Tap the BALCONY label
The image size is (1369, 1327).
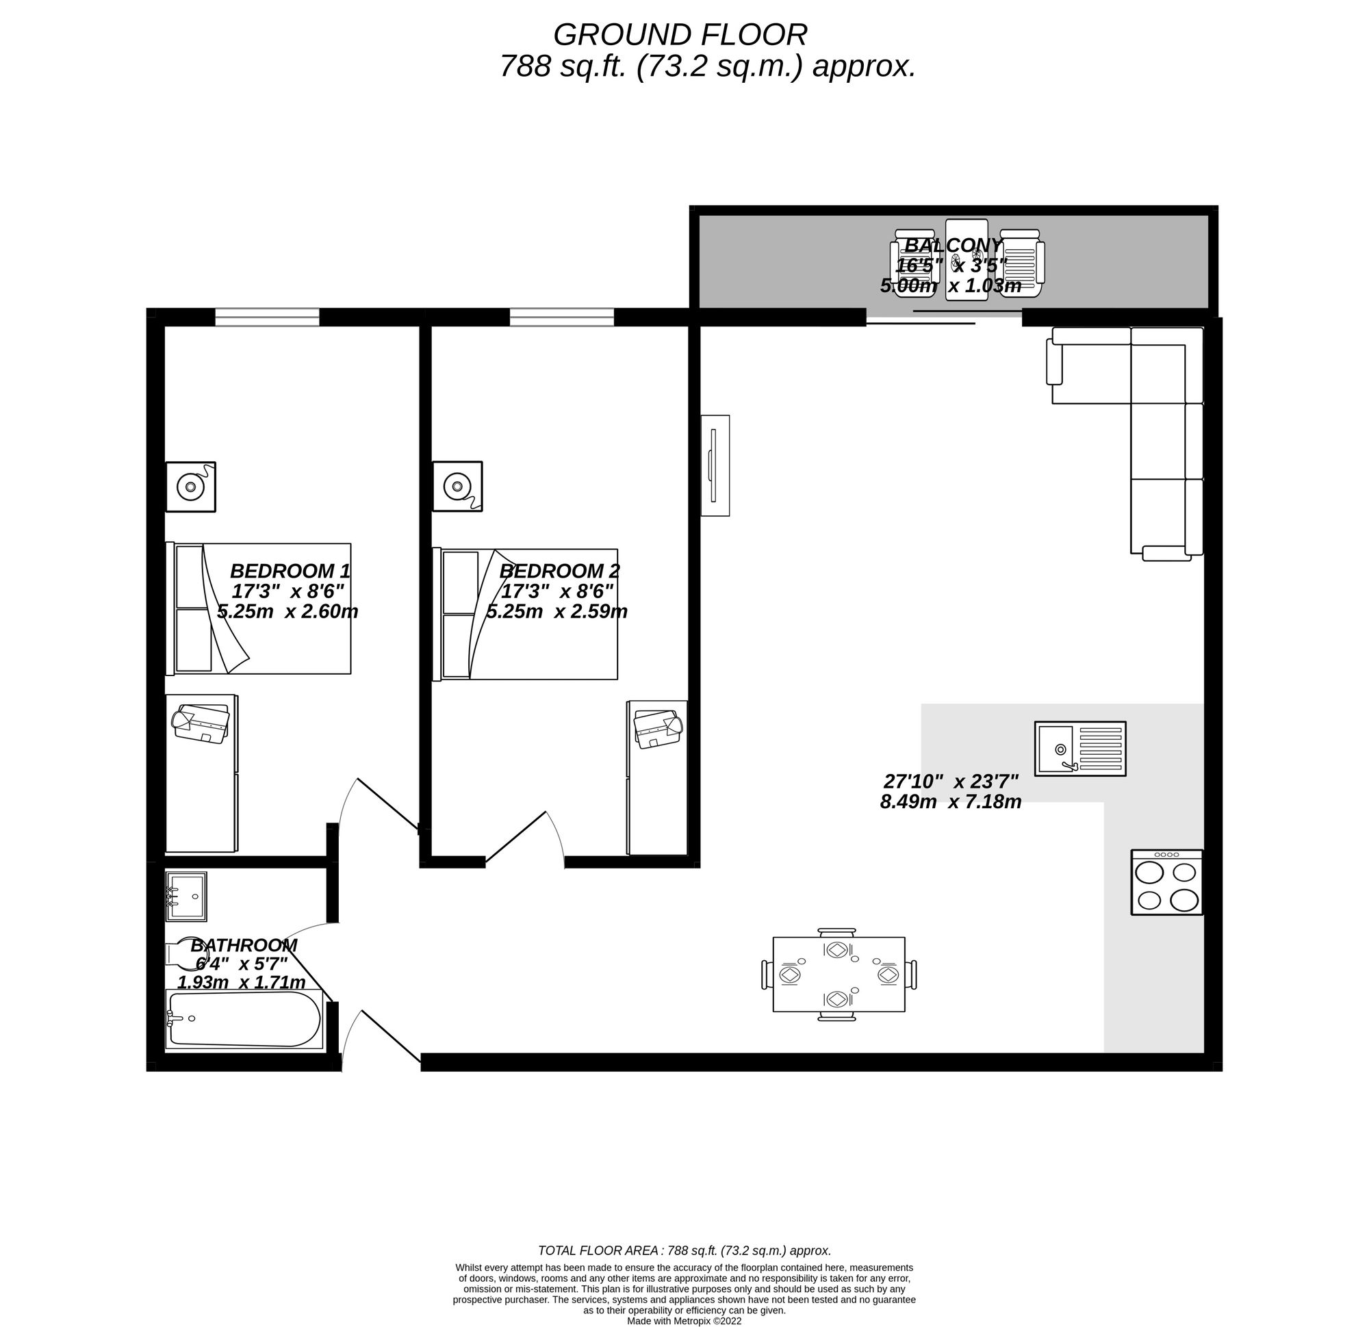[954, 245]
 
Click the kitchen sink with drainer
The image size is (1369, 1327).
[1080, 749]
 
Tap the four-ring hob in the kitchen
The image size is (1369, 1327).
[1166, 882]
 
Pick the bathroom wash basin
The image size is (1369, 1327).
[185, 896]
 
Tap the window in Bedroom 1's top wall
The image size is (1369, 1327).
[267, 317]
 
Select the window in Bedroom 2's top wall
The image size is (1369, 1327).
[561, 317]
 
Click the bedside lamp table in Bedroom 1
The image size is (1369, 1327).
[190, 486]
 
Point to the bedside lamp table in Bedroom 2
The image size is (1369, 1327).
[457, 486]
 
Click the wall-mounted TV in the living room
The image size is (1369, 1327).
[715, 465]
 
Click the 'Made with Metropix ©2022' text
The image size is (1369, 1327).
[684, 1321]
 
